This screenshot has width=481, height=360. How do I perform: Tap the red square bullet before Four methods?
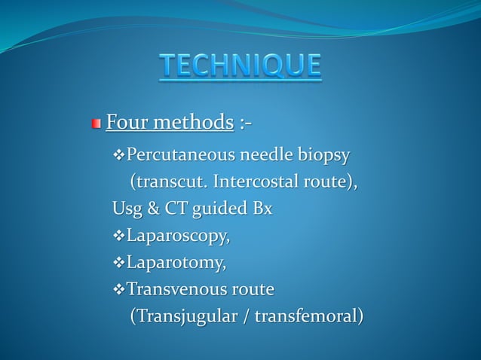click(96, 123)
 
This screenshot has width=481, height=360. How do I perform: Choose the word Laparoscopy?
click(178, 237)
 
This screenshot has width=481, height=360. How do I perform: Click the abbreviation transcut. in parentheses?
click(170, 183)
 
